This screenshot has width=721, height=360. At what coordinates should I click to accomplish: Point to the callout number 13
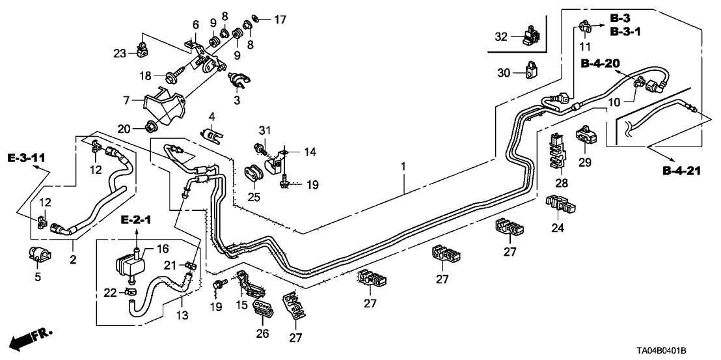point(183,316)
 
